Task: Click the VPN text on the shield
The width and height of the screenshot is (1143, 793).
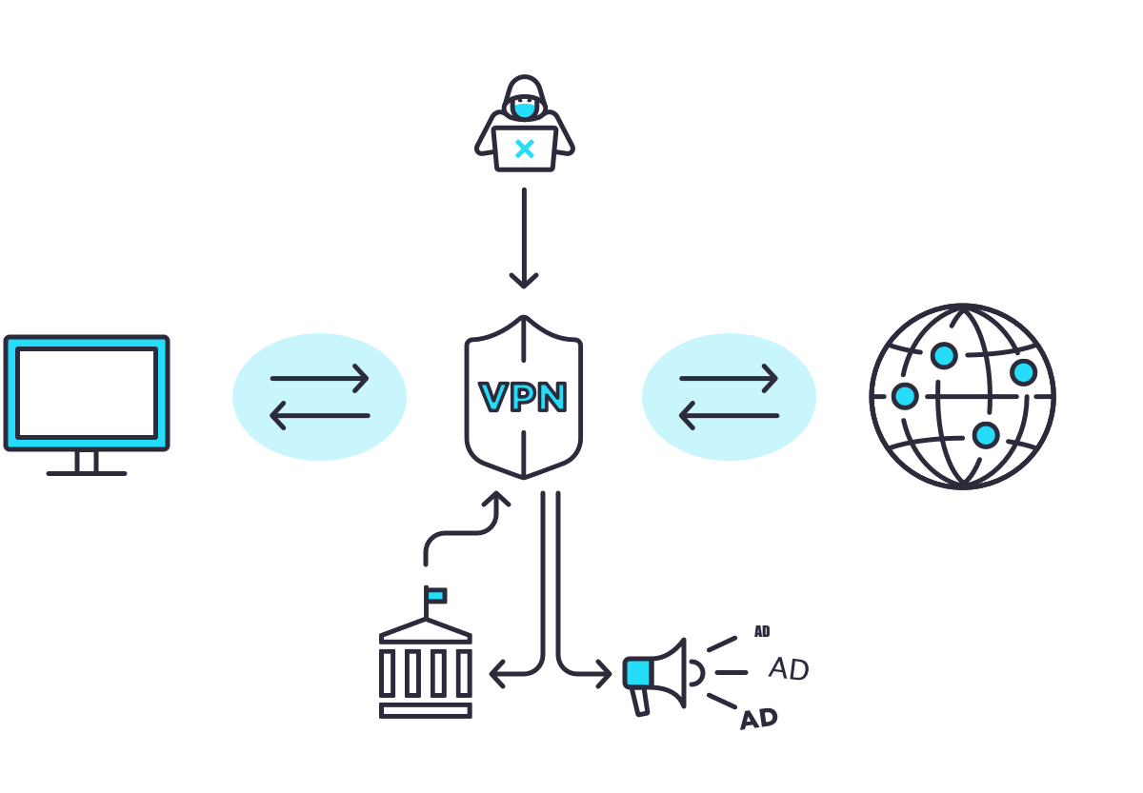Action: tap(523, 397)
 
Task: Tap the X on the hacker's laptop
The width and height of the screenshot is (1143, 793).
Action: tap(524, 149)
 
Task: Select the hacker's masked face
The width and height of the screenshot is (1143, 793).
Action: tap(524, 107)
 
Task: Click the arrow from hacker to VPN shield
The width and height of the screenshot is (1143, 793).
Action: tap(524, 238)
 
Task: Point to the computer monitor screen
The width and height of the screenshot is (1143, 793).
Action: tap(87, 392)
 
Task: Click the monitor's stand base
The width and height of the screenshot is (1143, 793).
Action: tap(87, 472)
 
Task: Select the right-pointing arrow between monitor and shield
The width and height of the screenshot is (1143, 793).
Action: tap(320, 378)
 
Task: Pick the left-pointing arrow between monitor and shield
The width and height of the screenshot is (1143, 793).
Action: tap(320, 415)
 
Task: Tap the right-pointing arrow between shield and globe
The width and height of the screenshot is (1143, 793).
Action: tap(729, 378)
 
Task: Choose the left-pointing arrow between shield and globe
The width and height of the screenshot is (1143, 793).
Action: tap(729, 415)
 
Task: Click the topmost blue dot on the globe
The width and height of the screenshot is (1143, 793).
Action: tap(944, 355)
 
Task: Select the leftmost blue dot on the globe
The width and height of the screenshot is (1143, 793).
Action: tap(905, 395)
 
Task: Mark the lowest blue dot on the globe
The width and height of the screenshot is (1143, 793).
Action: tap(986, 435)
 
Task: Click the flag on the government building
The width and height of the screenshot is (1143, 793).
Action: tap(436, 596)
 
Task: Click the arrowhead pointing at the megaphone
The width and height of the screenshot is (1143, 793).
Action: tap(604, 674)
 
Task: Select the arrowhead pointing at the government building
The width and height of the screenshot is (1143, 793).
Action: tap(497, 674)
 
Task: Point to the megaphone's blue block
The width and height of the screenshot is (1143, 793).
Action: tap(637, 673)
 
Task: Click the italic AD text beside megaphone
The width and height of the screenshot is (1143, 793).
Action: tap(789, 669)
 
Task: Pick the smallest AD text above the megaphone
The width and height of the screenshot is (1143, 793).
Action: tap(762, 631)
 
